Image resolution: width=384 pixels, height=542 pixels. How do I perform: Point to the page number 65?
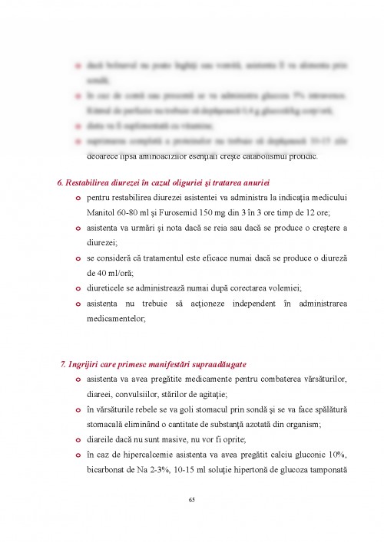tap(192, 500)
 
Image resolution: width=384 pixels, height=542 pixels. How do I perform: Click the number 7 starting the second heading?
tap(62, 363)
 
